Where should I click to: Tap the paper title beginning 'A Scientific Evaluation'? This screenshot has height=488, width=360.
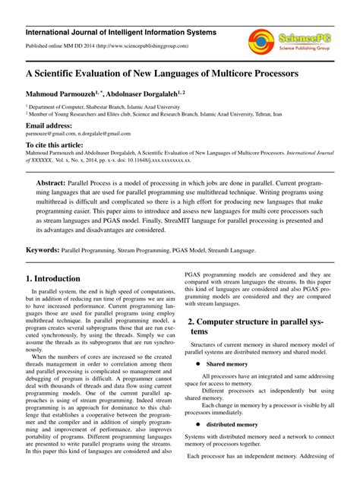pyautogui.click(x=162, y=77)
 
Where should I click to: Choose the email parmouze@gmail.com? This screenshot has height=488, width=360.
pyautogui.click(x=53, y=134)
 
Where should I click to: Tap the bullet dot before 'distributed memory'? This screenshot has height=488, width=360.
pyautogui.click(x=197, y=423)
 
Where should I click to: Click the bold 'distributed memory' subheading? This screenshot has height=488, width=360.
pyautogui.click(x=232, y=423)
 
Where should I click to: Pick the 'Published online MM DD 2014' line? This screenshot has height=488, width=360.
pyautogui.click(x=106, y=46)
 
